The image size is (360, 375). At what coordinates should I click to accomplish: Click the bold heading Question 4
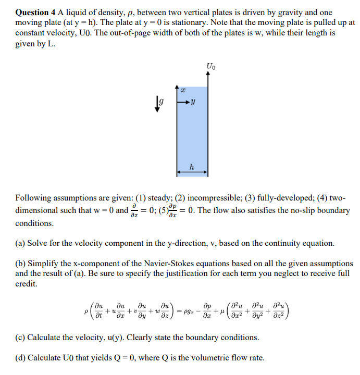tap(35, 12)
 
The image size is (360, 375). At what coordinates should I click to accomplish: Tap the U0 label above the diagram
tap(210, 66)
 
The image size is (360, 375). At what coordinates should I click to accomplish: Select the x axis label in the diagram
tap(183, 91)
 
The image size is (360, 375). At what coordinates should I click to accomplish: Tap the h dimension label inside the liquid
tap(192, 167)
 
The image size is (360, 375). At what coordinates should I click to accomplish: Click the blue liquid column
tap(192, 135)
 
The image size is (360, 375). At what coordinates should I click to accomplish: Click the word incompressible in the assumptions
tap(212, 198)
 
